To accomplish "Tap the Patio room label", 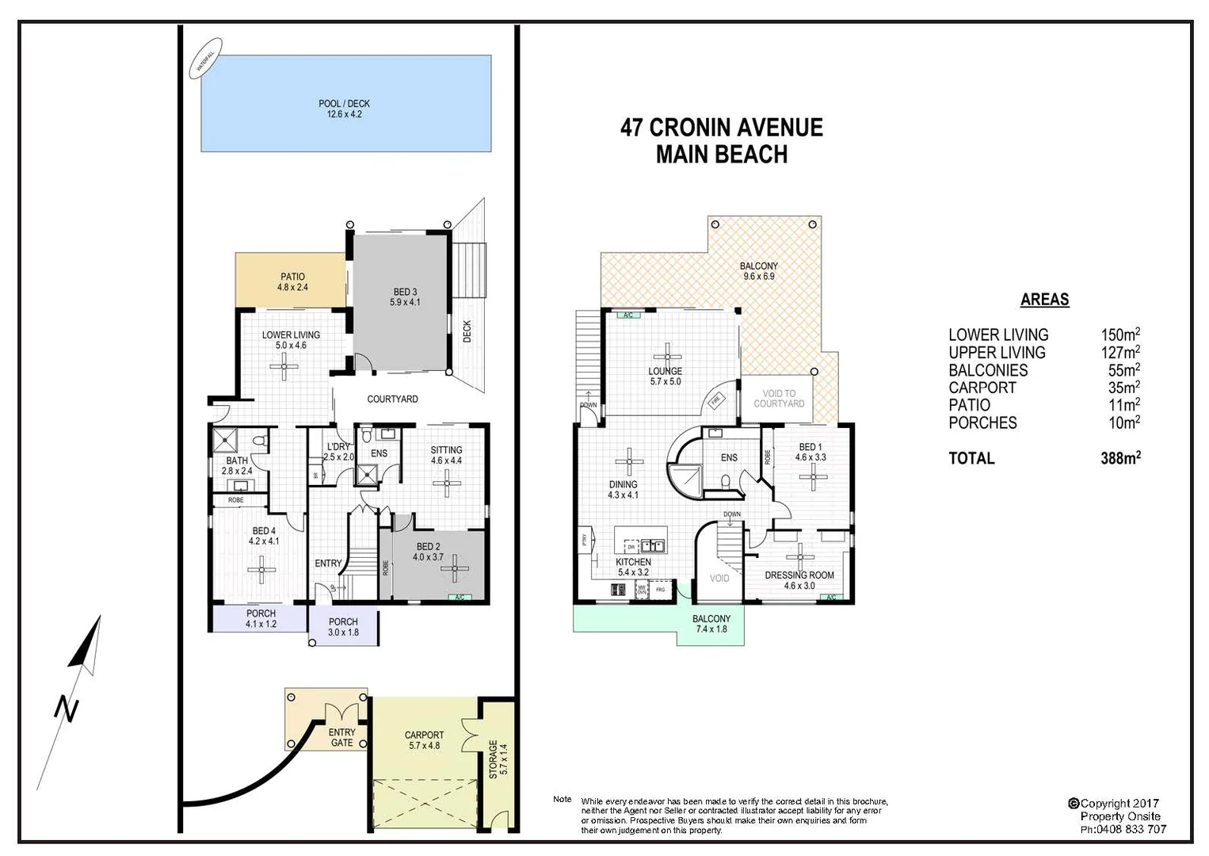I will click(292, 277).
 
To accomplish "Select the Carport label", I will click(424, 735).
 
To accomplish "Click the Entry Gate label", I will click(342, 737).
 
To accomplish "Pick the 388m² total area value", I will click(1119, 457).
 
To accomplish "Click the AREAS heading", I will click(1044, 300).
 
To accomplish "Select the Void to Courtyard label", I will click(778, 398).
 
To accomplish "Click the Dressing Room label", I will click(799, 575).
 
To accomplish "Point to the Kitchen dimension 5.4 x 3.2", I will click(633, 572).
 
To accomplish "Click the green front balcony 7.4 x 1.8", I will click(711, 624).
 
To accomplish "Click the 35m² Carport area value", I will click(1123, 388).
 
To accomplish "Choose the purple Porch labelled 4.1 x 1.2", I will click(260, 618).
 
